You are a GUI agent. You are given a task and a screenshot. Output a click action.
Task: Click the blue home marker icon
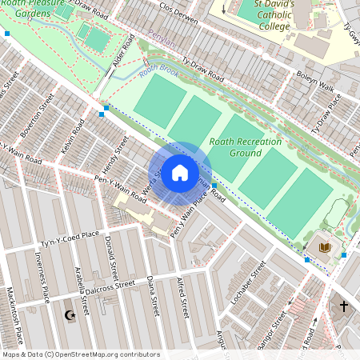[x=180, y=173]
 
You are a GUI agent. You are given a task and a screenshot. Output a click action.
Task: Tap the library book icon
[x=324, y=247]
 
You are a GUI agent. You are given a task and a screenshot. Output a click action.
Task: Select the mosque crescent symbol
[x=70, y=315]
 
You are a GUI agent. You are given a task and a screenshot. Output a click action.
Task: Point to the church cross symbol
[x=344, y=306]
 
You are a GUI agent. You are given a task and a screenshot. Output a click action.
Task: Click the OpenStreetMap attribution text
[x=80, y=354]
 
